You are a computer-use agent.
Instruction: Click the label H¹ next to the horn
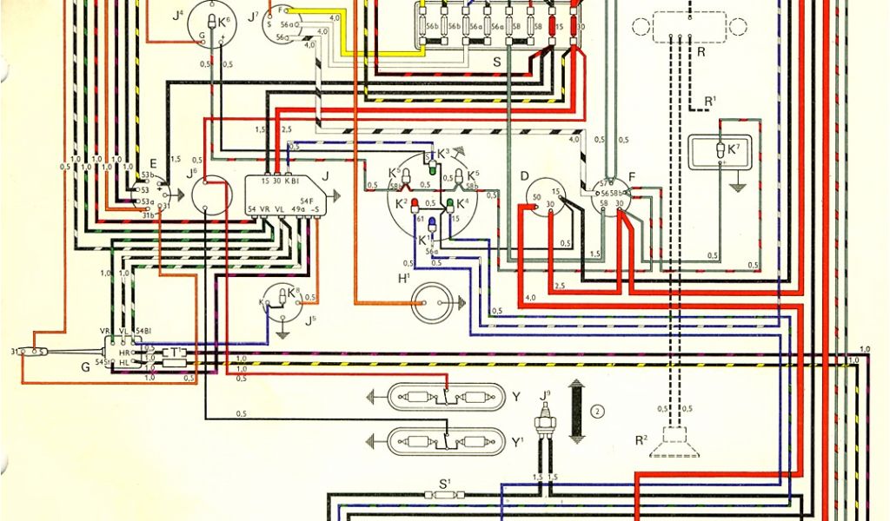[x=404, y=279]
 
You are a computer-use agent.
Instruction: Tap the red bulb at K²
[x=415, y=205]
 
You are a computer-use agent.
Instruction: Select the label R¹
[x=710, y=102]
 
